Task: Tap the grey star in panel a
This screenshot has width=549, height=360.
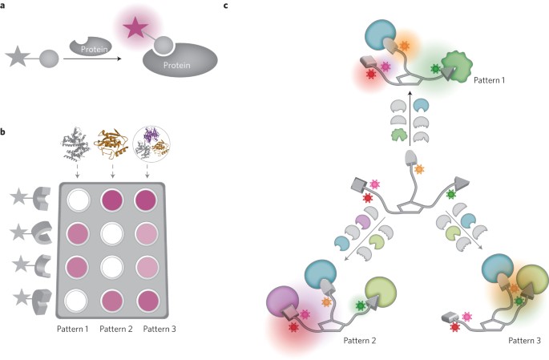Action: tap(18, 59)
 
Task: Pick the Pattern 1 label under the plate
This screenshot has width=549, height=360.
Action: tap(82, 328)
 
